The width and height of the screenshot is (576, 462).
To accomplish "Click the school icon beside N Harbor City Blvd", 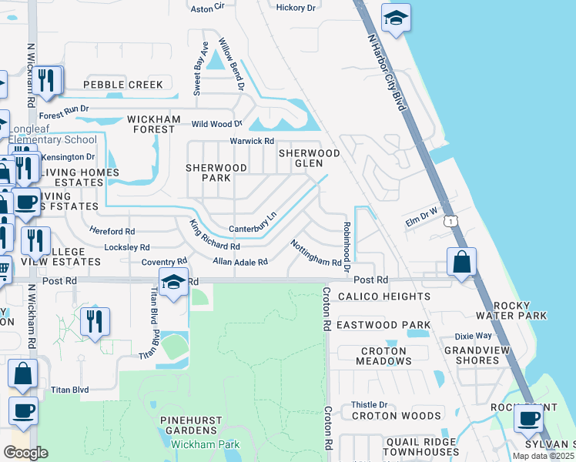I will point(396,18).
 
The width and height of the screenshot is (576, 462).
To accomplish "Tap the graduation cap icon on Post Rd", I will point(174,283).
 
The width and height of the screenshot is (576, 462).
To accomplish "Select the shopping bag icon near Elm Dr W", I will point(461,263).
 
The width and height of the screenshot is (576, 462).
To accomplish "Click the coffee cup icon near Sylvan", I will point(529,419).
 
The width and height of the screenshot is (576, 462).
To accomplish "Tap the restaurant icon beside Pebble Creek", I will point(47,81).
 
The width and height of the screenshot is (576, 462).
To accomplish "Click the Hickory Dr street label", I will point(296,8).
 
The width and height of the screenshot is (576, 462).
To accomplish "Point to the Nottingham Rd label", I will point(316,253).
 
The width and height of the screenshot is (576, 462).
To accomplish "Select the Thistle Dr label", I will point(369,404).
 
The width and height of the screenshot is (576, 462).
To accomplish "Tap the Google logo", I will point(25,453).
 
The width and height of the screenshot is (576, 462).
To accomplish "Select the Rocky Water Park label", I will point(511,310).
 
